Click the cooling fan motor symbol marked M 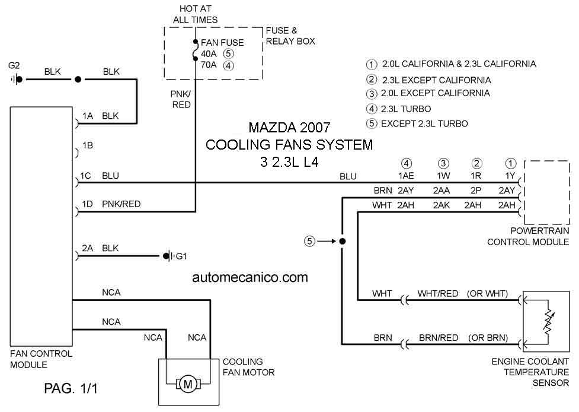point(188,384)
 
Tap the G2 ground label point(14,66)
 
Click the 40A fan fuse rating point(209,54)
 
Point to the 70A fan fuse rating point(209,65)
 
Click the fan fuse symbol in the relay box point(196,50)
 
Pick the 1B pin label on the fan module point(88,145)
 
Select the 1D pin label point(87,204)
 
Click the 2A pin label point(88,248)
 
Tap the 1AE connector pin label point(406,176)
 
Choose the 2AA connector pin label point(442,191)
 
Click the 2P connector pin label point(476,191)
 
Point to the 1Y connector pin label point(510,176)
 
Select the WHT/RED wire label point(438,294)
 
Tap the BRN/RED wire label point(439,338)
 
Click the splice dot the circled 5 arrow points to point(343,242)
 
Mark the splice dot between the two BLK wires point(78,79)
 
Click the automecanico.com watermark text point(250,277)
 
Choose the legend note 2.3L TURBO point(406,109)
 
